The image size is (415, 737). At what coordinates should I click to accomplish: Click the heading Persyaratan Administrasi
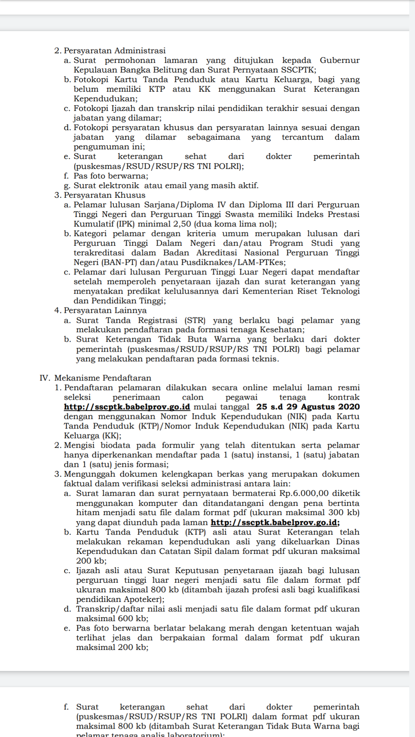pyautogui.click(x=115, y=51)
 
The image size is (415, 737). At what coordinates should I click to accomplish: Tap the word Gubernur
pyautogui.click(x=340, y=60)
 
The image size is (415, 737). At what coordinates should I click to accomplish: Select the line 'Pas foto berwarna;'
pyautogui.click(x=111, y=176)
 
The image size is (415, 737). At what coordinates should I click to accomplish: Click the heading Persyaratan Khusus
pyautogui.click(x=105, y=195)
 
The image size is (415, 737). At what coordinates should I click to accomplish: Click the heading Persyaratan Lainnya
pyautogui.click(x=105, y=311)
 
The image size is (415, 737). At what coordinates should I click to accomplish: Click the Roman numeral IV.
pyautogui.click(x=45, y=378)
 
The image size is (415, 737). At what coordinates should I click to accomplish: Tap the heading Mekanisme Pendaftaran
pyautogui.click(x=103, y=378)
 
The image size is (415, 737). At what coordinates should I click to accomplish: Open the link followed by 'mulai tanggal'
pyautogui.click(x=127, y=407)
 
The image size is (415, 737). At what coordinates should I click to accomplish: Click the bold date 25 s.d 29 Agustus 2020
pyautogui.click(x=308, y=407)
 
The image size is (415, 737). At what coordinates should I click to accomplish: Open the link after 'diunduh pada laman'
pyautogui.click(x=275, y=522)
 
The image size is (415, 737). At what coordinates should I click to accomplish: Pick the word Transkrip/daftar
pyautogui.click(x=105, y=609)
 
